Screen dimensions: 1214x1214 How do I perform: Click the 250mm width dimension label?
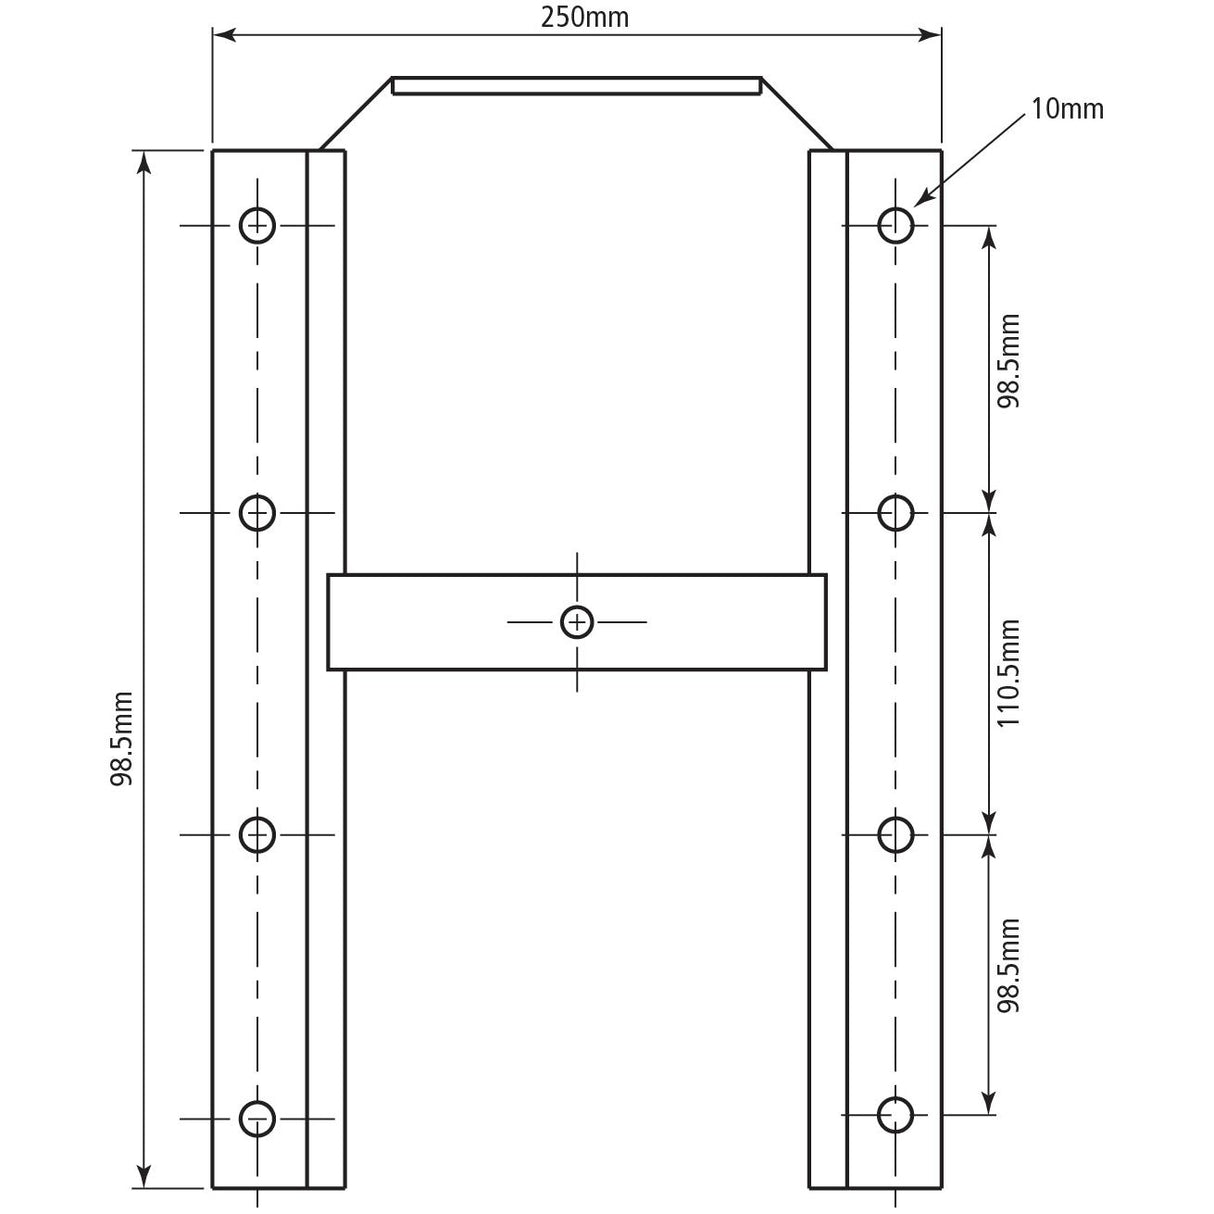pos(585,18)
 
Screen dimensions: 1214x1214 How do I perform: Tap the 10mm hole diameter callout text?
pos(1067,110)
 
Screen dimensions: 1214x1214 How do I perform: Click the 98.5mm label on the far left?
pos(121,738)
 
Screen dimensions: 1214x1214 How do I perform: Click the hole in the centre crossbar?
pos(576,622)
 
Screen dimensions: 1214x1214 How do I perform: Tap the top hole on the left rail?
pos(257,225)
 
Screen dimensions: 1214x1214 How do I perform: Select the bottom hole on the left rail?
pos(257,1119)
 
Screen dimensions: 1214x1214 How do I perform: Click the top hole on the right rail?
pos(895,225)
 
